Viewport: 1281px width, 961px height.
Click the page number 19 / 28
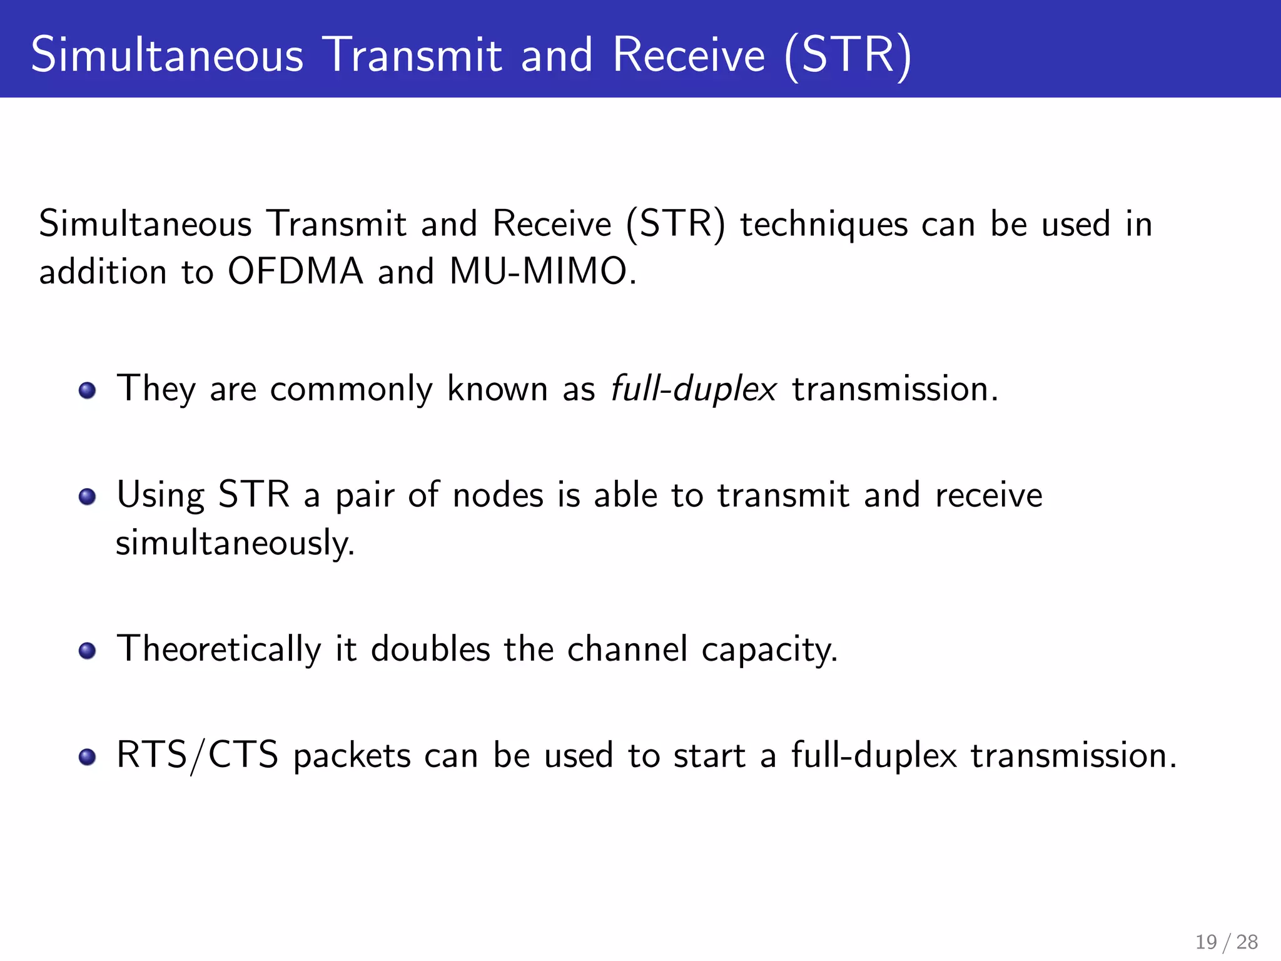tap(1226, 942)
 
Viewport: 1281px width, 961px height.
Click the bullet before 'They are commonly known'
tap(88, 391)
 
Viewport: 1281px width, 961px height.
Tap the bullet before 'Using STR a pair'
tap(88, 497)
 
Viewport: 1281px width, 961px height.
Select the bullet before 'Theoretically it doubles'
tap(88, 651)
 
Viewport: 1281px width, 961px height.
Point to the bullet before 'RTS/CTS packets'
tap(88, 758)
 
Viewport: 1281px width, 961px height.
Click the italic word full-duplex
tap(694, 389)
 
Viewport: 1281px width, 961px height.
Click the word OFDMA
tap(295, 273)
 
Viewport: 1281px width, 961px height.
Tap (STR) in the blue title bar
tap(848, 55)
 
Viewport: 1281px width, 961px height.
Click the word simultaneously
tap(235, 543)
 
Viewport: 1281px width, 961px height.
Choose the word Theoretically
tap(219, 649)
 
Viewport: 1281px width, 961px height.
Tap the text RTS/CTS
tap(197, 755)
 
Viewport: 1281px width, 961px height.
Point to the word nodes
tap(498, 496)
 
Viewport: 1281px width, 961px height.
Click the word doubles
tap(430, 649)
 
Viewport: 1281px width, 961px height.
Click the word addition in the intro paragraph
tap(103, 273)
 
